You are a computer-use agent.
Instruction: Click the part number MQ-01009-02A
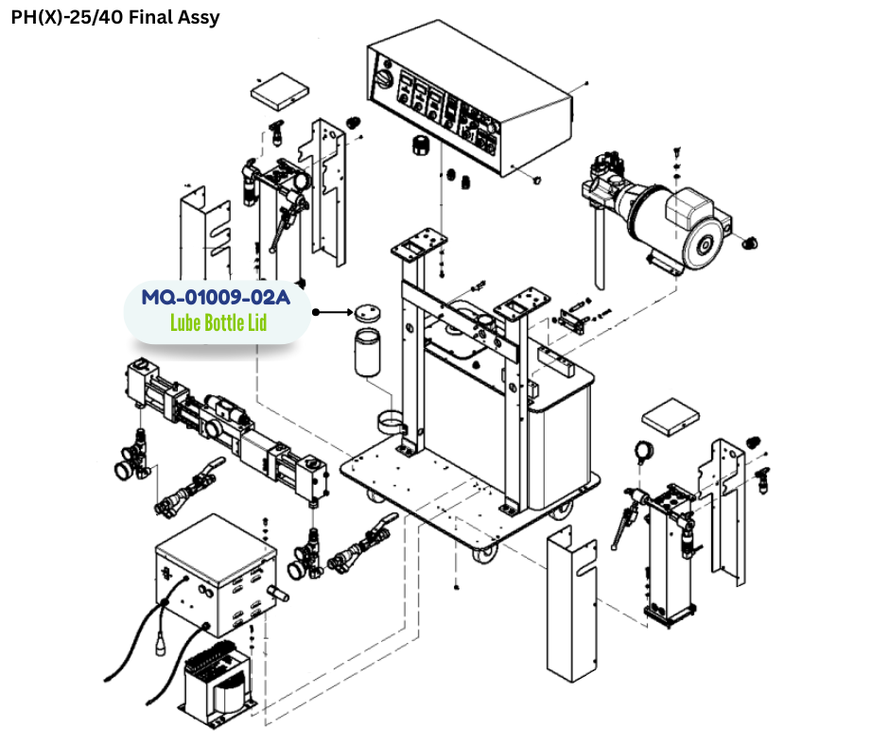(216, 297)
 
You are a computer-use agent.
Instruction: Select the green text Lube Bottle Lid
(218, 322)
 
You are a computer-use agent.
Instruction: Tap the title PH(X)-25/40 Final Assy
(115, 17)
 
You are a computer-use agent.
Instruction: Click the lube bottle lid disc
(367, 312)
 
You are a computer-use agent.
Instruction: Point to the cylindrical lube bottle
(367, 354)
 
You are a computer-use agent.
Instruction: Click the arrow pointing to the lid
(332, 312)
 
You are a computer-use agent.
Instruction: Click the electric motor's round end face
(704, 244)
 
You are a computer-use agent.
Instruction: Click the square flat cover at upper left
(280, 91)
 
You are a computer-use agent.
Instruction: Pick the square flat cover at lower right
(671, 416)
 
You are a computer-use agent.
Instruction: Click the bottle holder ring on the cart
(392, 423)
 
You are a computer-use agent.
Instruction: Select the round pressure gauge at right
(644, 451)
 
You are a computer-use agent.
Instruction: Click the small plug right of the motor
(750, 243)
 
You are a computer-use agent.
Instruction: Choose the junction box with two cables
(217, 573)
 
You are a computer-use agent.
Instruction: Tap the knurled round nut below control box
(419, 146)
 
